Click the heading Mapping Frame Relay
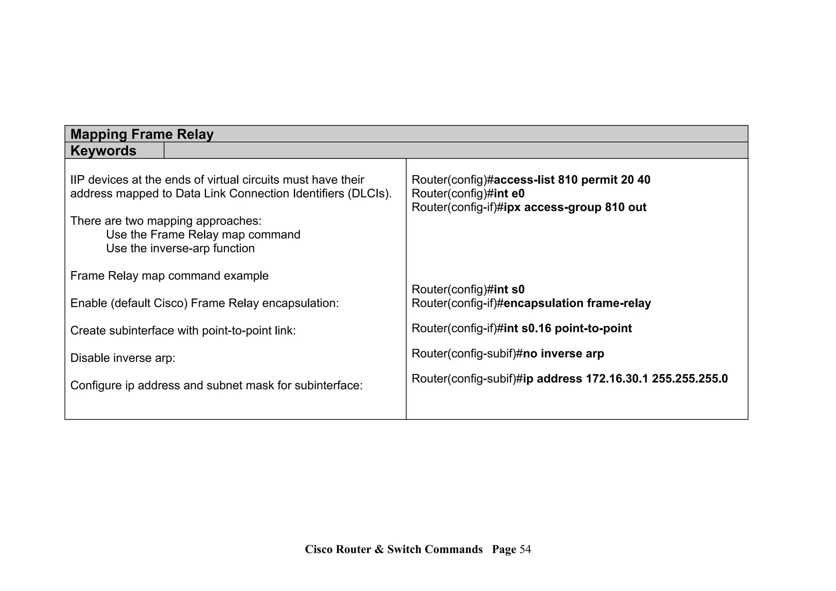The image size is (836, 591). pos(142,134)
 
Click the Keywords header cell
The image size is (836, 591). pos(103,151)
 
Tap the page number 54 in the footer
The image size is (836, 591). pos(525,549)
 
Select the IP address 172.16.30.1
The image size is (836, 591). pos(617,379)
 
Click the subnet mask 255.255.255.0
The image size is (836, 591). pos(689,379)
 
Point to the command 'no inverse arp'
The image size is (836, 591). pos(563,354)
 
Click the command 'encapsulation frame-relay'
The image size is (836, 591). pos(577,303)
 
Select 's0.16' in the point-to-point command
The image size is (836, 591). pos(536,328)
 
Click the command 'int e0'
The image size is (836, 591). pos(509,194)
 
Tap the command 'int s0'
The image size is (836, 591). pos(509,290)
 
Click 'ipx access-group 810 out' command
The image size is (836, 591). pos(575,207)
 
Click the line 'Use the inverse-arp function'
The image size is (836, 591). pos(180,248)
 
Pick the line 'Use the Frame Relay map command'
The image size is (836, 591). pos(203,235)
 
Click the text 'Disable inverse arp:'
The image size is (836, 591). pos(122,358)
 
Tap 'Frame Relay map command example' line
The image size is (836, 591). pos(169,276)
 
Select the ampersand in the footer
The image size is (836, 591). pos(379,549)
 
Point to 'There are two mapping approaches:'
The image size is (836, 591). pos(166,221)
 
